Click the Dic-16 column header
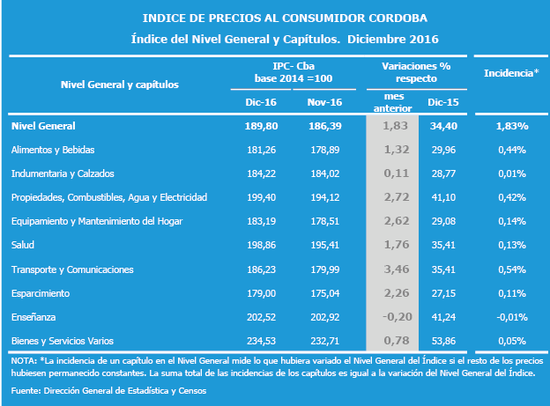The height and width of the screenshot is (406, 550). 261,102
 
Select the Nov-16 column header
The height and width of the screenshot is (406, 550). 324,102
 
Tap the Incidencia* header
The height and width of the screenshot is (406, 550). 511,73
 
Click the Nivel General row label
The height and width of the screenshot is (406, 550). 43,126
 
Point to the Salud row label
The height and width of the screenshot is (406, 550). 23,245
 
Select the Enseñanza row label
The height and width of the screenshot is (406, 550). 33,317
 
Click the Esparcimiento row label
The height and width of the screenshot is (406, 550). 41,293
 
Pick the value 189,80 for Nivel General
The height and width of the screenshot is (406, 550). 261,126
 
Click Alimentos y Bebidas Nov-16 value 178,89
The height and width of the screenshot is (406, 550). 325,150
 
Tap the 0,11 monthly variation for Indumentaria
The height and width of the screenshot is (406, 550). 397,173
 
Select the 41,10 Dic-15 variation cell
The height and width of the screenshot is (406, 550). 443,197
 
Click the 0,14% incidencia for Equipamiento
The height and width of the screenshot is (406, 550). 512,221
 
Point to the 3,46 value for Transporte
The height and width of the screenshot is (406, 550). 397,269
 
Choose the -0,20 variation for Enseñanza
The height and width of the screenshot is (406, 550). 397,317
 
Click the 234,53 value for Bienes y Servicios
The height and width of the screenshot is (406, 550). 261,341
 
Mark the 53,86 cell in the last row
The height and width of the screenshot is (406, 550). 443,341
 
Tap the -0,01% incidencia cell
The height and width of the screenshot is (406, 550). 512,317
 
